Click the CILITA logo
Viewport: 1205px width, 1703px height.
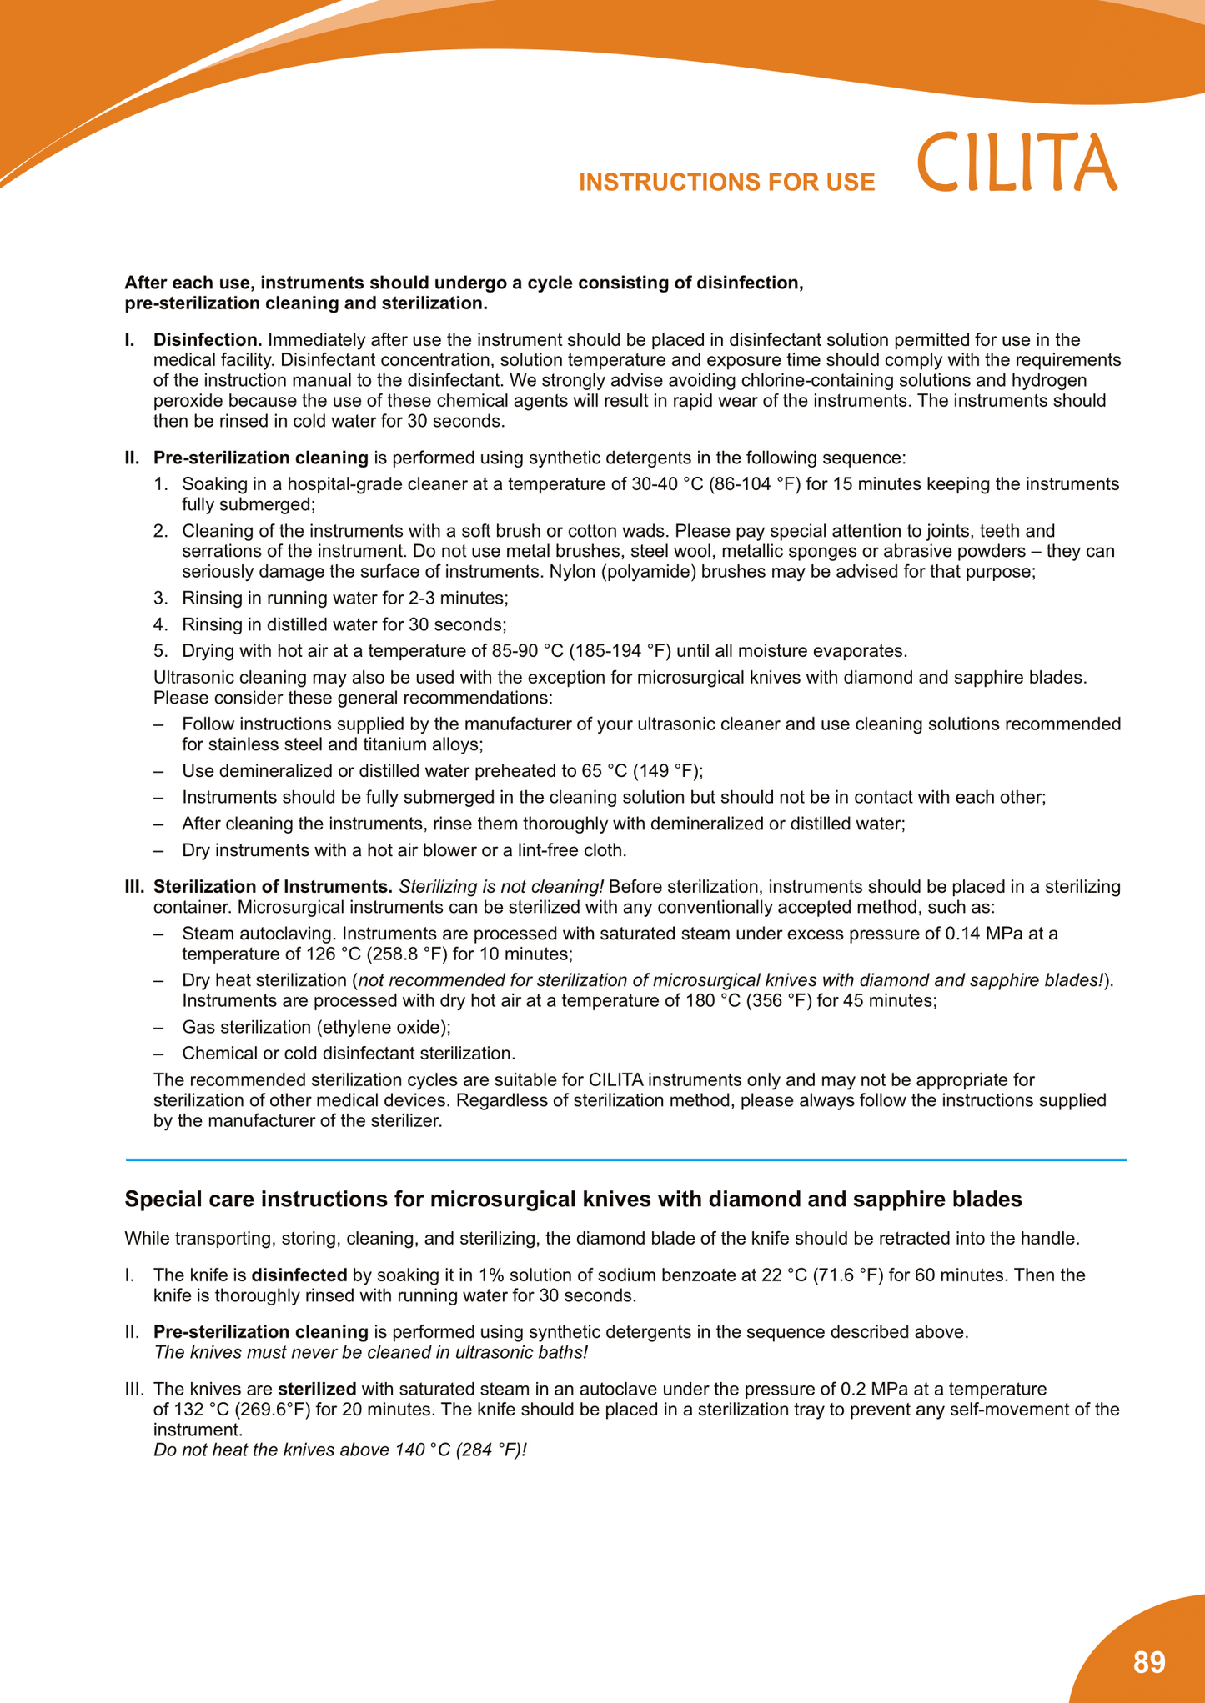click(x=1017, y=163)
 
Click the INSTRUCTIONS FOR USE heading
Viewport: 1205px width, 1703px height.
click(x=726, y=183)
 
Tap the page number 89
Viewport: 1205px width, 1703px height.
click(x=1149, y=1662)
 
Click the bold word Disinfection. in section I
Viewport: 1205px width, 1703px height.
click(x=208, y=340)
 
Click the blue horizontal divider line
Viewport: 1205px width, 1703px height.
click(x=625, y=1160)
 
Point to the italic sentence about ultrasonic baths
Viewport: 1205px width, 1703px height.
click(x=371, y=1352)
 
